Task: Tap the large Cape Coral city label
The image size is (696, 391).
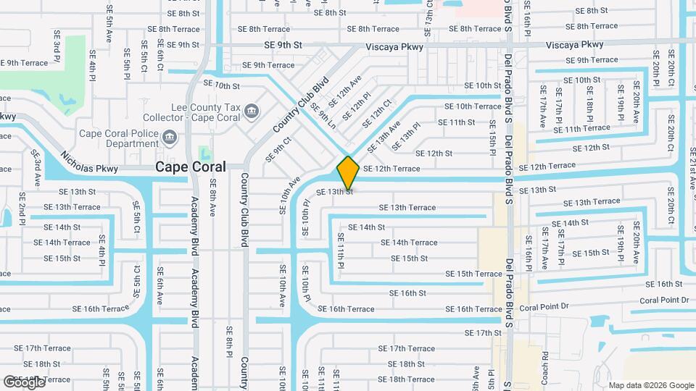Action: click(x=190, y=167)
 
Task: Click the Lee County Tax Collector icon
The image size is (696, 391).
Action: click(x=251, y=111)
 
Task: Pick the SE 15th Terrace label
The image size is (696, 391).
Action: click(x=473, y=274)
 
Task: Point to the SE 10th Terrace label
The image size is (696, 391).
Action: click(x=473, y=106)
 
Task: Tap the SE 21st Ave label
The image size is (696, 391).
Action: click(x=691, y=167)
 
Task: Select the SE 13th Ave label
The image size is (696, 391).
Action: click(x=384, y=137)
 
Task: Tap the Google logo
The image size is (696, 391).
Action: click(x=24, y=382)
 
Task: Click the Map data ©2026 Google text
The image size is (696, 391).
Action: click(x=651, y=385)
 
